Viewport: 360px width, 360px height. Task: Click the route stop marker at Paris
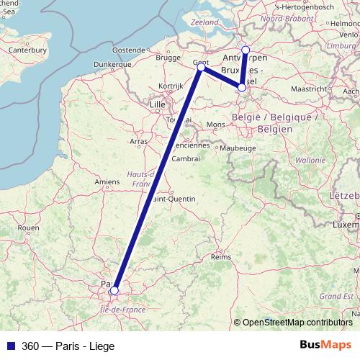(114, 291)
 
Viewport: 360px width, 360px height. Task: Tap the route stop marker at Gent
(202, 67)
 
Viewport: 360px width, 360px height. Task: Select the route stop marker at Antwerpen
(246, 50)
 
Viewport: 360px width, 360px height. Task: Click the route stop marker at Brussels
(242, 88)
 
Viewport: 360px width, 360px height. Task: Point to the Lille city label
(156, 104)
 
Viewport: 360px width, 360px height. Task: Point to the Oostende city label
(129, 49)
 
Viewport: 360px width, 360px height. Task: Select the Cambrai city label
(185, 158)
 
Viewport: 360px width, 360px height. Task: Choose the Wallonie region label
(310, 160)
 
